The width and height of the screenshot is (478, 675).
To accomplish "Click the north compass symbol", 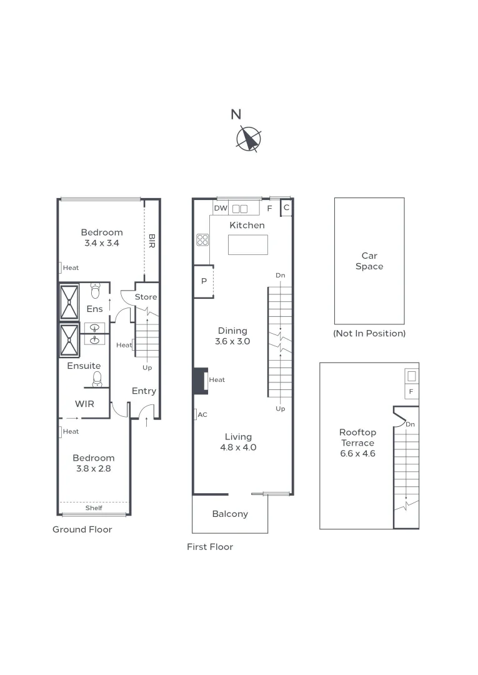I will point(249,139).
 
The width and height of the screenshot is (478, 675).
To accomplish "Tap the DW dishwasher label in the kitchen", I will point(220,208).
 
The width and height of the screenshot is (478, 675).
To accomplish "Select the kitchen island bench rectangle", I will point(247,244).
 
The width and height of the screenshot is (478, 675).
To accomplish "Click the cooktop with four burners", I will point(202,240).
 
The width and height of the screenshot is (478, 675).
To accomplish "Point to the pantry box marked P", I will point(204,281).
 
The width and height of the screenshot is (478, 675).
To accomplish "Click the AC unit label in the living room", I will point(202,414).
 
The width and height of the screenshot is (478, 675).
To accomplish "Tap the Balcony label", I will point(230,514).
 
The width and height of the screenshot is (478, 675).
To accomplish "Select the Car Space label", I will point(369,261).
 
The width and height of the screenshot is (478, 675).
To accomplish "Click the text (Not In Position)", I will point(369,333).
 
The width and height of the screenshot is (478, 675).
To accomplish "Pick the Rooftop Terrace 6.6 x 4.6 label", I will point(357,442).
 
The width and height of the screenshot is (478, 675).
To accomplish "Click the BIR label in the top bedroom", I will point(152,241).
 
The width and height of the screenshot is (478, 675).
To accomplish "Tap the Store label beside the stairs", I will point(146,297).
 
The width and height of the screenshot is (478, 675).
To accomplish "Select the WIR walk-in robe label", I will point(84,404).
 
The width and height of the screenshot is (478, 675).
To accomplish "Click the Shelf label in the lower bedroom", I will point(94,508).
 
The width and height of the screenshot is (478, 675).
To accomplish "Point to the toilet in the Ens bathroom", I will point(96,291).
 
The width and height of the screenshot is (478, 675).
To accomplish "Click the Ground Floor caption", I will point(82,529).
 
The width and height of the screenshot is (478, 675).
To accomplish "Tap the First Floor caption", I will point(210,547).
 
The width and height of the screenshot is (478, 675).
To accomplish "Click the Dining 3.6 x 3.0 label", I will point(232,336).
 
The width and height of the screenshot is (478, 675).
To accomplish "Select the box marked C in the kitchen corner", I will point(286,208).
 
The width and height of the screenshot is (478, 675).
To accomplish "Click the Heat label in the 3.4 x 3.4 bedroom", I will point(70,268).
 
